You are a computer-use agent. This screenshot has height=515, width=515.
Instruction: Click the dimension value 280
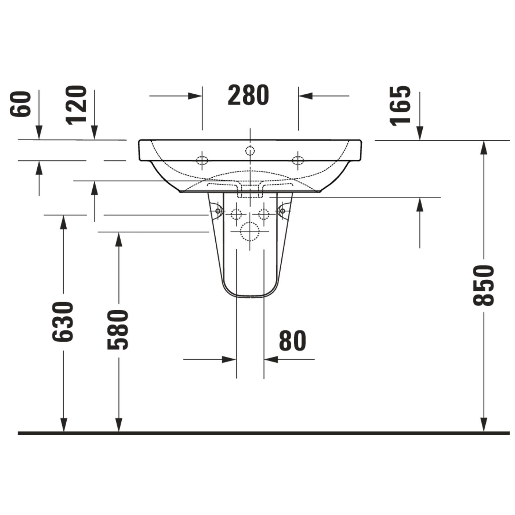pyautogui.click(x=248, y=95)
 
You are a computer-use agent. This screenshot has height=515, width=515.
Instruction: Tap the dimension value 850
pyautogui.click(x=483, y=286)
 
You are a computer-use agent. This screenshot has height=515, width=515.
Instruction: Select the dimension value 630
pyautogui.click(x=63, y=322)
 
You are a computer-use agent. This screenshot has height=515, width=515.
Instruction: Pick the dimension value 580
pyautogui.click(x=118, y=330)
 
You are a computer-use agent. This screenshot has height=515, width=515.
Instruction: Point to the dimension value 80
pyautogui.click(x=292, y=341)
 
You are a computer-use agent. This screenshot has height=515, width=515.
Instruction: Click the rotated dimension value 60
pyautogui.click(x=20, y=104)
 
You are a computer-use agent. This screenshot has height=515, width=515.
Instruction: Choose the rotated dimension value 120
pyautogui.click(x=76, y=105)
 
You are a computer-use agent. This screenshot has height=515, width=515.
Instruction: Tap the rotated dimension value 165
pyautogui.click(x=400, y=105)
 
